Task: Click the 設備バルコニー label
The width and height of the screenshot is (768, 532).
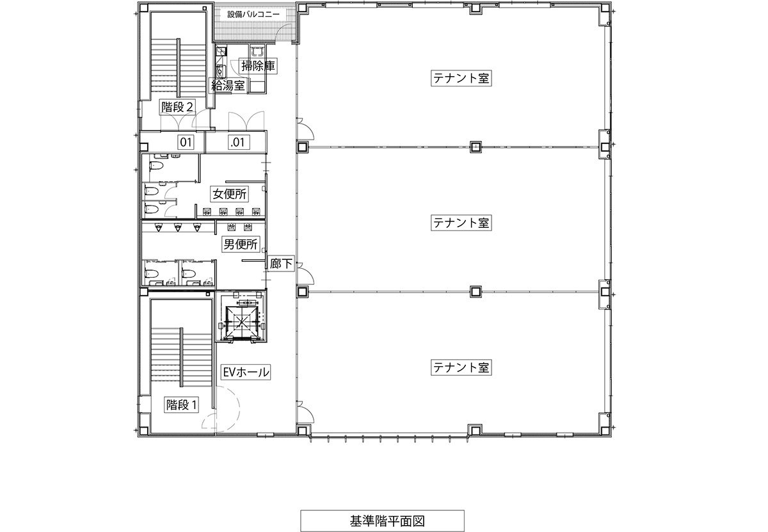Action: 253,15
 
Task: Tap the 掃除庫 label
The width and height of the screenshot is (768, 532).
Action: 258,66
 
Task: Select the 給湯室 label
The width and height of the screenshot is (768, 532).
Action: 228,85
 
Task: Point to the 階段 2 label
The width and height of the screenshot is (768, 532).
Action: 178,108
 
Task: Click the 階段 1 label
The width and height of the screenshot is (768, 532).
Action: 181,405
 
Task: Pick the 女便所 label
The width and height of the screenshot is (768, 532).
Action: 229,194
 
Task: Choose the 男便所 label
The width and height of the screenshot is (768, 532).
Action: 241,244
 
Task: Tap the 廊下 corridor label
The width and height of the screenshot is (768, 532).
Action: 281,264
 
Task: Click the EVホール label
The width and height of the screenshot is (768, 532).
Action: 246,372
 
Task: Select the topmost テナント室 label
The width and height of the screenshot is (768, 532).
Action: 461,78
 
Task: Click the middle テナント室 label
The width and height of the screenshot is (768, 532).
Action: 461,223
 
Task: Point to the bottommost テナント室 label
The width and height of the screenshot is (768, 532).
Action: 461,367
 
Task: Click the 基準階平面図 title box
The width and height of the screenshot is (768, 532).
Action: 382,520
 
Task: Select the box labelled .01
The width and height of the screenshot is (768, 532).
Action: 238,141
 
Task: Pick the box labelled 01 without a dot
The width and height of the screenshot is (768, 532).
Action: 186,141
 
